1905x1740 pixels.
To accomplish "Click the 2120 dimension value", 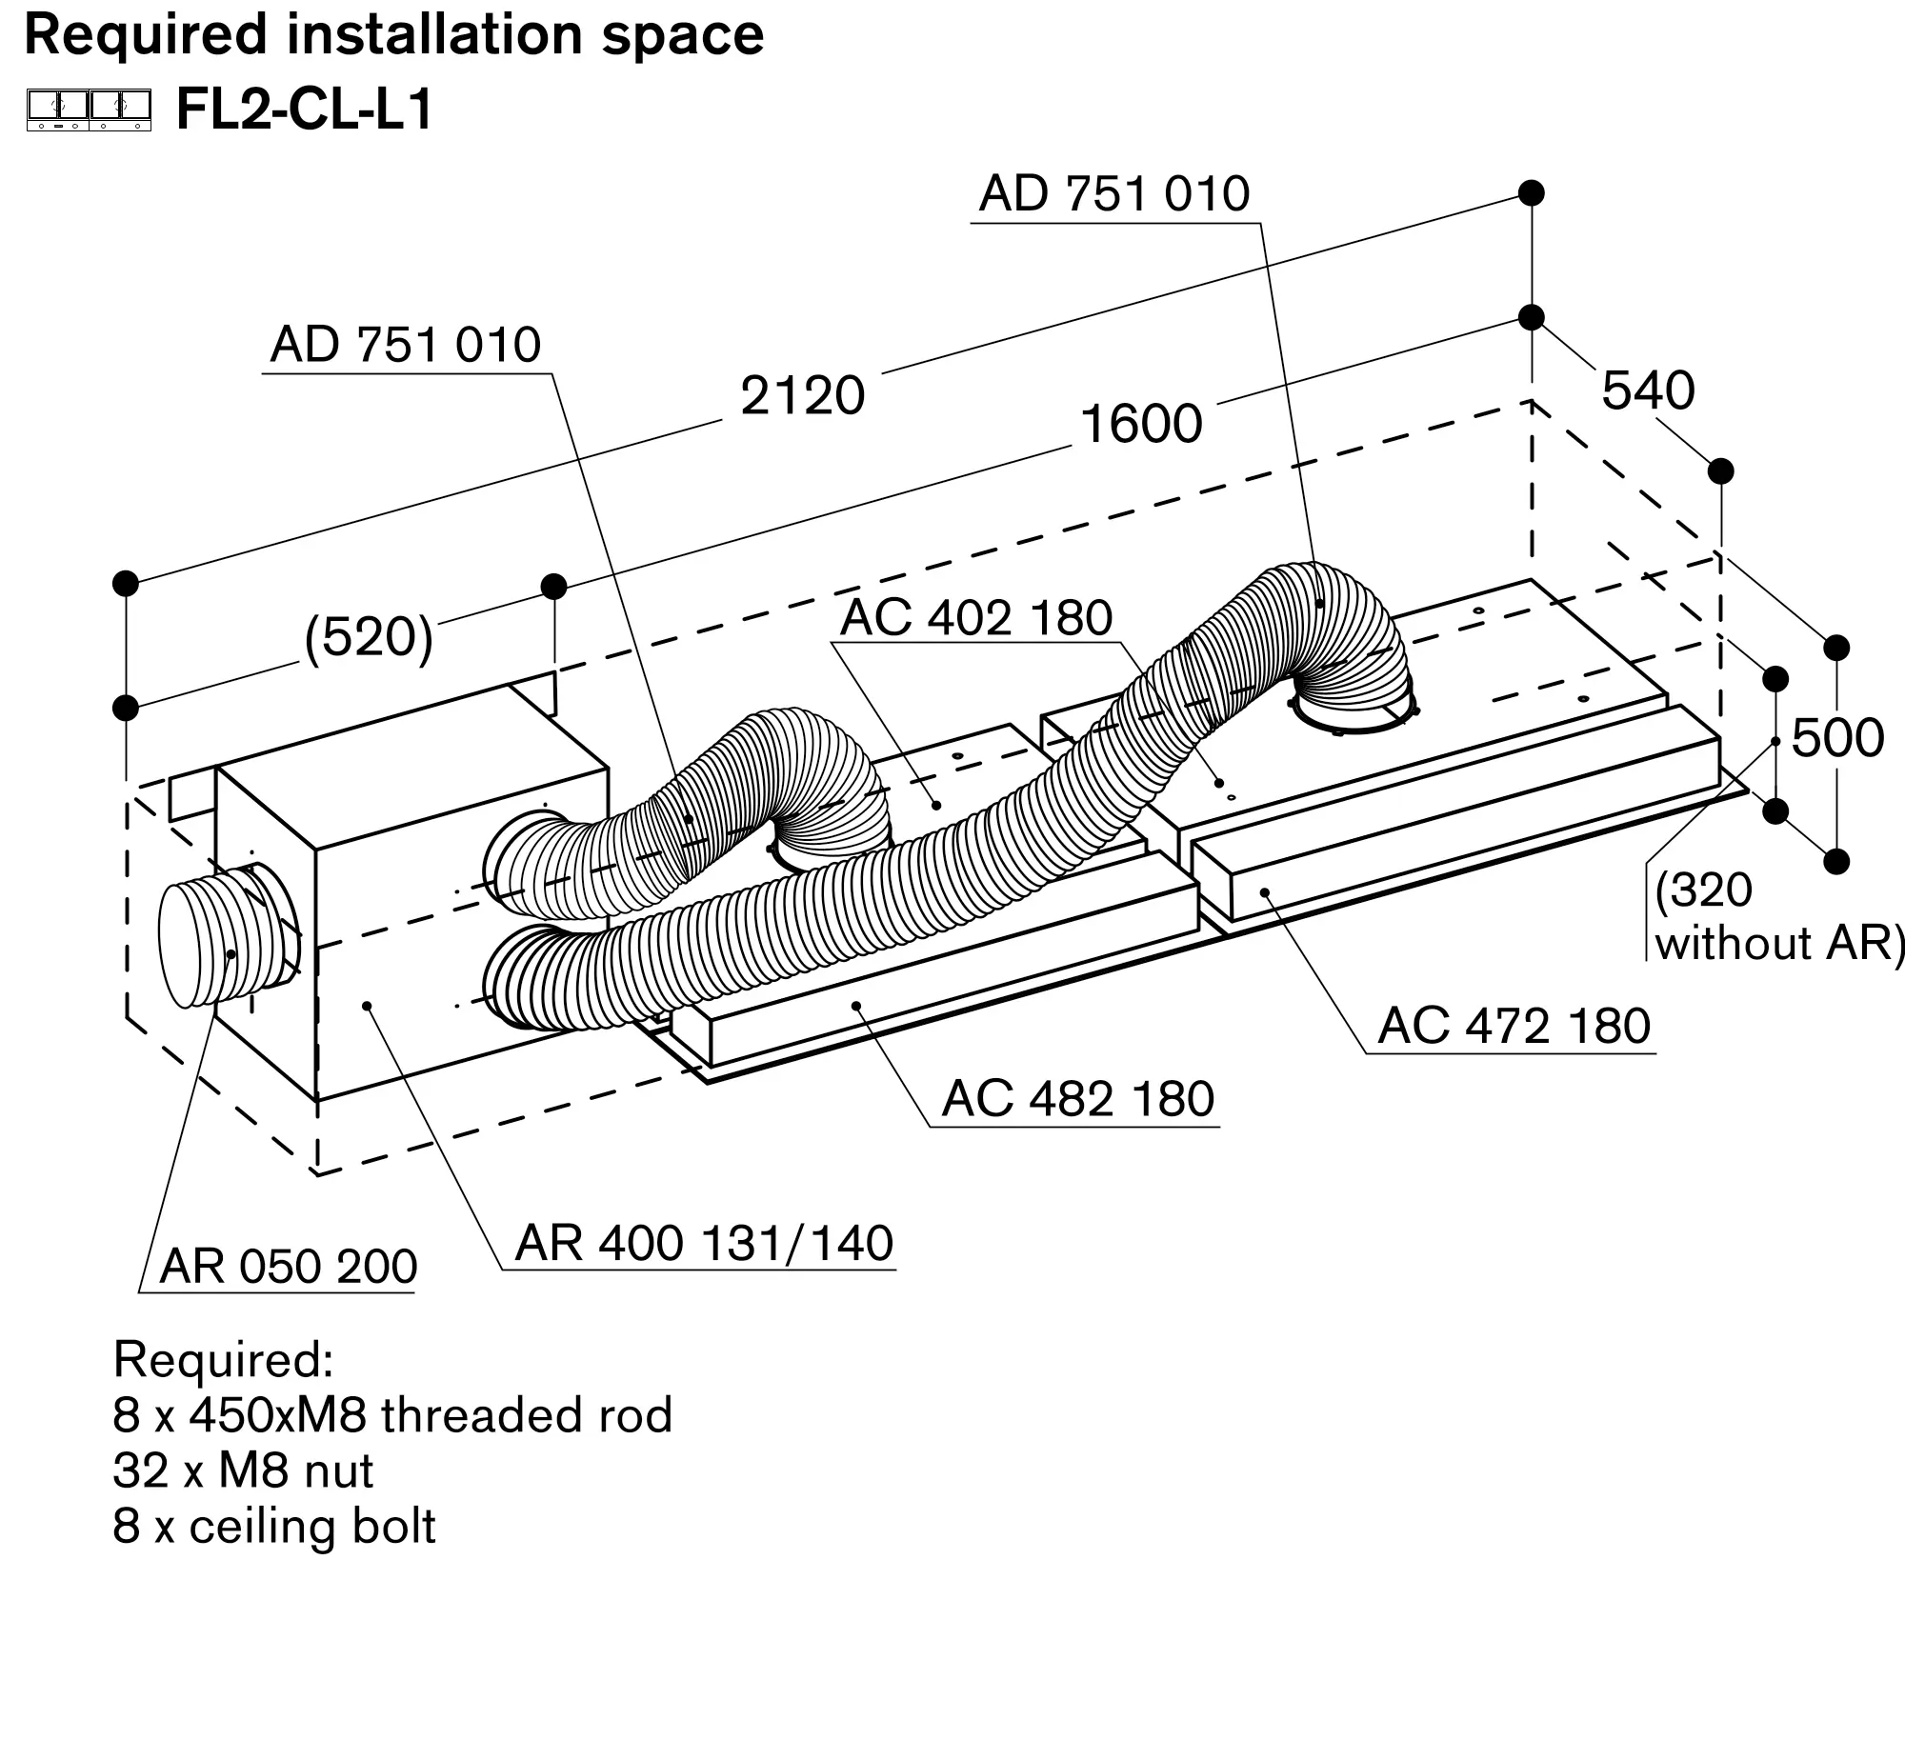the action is pos(802,395).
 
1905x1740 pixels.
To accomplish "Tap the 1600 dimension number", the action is pos(1140,424).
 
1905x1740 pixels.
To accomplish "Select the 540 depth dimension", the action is pos(1648,390).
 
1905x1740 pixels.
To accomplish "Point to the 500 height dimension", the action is pos(1837,738).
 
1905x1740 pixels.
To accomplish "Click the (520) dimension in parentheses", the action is pos(369,637).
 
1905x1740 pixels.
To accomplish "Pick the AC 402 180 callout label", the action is pos(976,617).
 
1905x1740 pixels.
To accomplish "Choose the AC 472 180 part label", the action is pos(1514,1026).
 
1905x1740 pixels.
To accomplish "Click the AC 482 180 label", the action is pos(1077,1099).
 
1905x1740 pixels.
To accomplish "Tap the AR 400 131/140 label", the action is pos(704,1243).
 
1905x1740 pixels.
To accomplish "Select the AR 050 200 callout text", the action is pos(289,1267).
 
